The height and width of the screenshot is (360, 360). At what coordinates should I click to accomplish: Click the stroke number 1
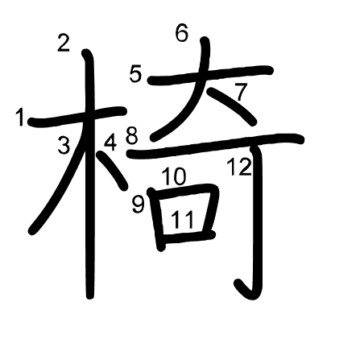[20, 118]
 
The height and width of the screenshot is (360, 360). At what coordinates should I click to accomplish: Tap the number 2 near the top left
[64, 43]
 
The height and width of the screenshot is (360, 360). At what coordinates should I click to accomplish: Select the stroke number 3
[64, 146]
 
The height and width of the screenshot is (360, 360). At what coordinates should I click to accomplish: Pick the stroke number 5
[135, 75]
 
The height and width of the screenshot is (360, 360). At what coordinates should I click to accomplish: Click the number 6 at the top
[181, 33]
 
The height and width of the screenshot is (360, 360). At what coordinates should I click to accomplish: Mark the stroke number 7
[240, 93]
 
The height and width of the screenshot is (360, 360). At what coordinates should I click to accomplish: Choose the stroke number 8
[132, 134]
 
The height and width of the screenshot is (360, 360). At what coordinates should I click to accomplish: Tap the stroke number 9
[139, 205]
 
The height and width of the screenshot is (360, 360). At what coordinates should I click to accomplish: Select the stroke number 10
[173, 176]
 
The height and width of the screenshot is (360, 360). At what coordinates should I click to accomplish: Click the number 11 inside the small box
[184, 218]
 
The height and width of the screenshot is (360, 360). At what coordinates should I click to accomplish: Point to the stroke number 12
[239, 168]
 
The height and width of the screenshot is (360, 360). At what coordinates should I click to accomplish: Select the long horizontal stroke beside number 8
[226, 143]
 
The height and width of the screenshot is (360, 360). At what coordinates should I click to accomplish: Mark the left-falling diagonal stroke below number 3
[52, 193]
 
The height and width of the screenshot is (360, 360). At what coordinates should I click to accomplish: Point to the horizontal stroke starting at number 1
[77, 118]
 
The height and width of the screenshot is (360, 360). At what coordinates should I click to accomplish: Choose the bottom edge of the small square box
[189, 239]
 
